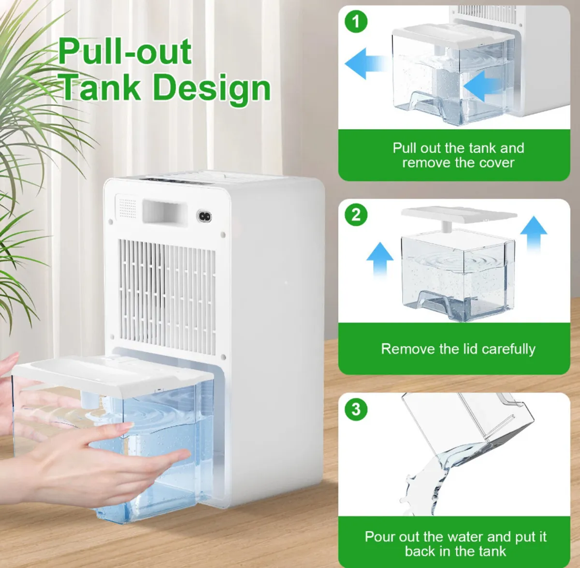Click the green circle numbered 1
(x=356, y=21)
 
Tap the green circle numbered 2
(x=356, y=215)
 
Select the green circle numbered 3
(x=356, y=409)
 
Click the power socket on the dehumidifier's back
(x=204, y=217)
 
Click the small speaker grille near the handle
(x=127, y=206)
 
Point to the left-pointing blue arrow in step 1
(x=367, y=63)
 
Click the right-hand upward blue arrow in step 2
(x=534, y=233)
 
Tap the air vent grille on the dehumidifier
(x=167, y=297)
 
